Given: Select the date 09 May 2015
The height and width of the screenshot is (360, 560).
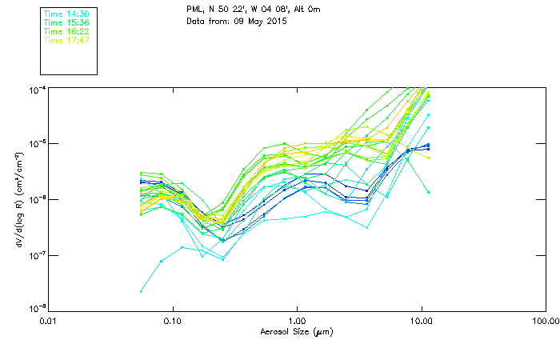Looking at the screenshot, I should click(259, 21).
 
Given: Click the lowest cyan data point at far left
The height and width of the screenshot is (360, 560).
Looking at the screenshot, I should click(142, 291).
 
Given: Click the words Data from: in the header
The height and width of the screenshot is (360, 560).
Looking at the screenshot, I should click(207, 21).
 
